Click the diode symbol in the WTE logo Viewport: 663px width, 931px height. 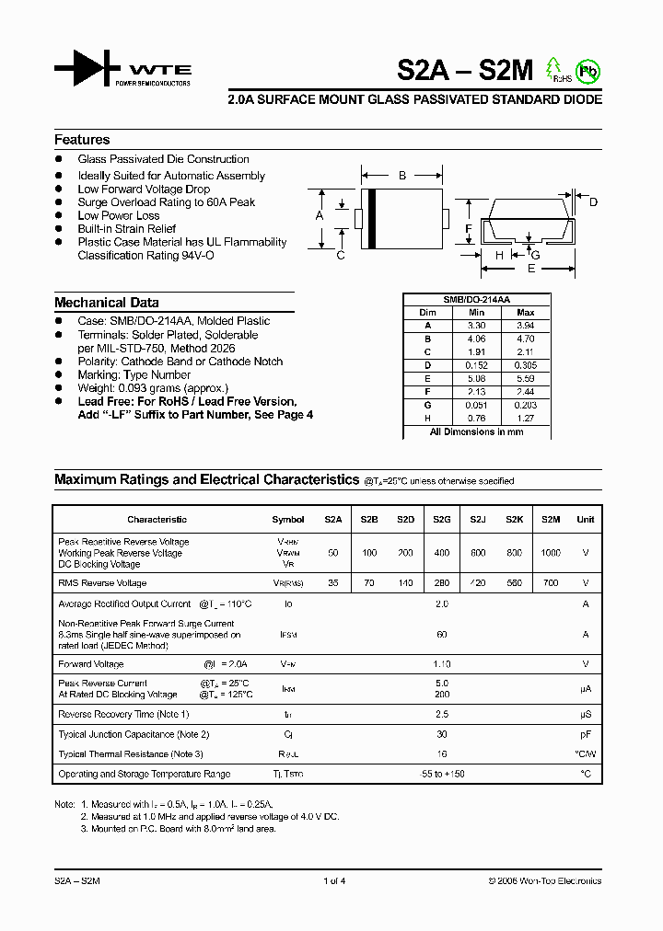[87, 69]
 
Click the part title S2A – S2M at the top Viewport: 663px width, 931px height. [466, 71]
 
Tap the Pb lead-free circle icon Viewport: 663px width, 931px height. [587, 71]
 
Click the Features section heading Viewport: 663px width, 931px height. [82, 140]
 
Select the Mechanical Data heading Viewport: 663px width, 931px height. [106, 303]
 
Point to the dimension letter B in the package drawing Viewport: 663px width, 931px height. [401, 175]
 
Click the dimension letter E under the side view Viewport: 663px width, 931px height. [531, 269]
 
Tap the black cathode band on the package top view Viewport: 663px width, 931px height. [372, 219]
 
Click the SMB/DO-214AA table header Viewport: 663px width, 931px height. [476, 300]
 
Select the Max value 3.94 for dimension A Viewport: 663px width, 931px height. [526, 326]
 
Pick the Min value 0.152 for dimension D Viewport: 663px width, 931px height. [476, 364]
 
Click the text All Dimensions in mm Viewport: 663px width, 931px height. [476, 431]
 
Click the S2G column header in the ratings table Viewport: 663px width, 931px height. [441, 520]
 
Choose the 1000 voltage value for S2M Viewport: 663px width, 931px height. [550, 553]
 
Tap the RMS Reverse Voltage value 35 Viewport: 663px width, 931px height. [332, 583]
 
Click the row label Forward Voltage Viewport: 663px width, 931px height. [90, 663]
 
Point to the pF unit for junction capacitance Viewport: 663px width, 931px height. [585, 734]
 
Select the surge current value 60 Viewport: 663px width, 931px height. [441, 634]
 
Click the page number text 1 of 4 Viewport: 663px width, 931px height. [333, 881]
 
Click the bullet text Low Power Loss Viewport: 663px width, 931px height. [118, 215]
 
